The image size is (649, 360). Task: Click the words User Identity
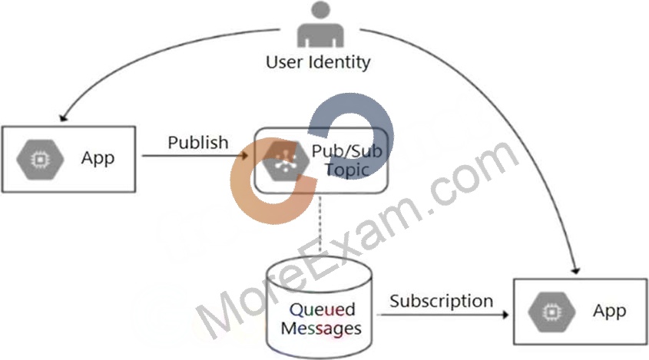pos(318,62)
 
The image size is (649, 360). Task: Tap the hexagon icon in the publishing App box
pos(40,160)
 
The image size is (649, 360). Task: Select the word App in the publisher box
pos(98,158)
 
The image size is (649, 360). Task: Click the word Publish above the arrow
pos(198,143)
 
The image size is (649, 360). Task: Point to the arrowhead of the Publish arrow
pos(245,156)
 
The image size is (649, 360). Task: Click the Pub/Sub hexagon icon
pos(286,160)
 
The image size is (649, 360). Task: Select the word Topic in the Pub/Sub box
pos(347,170)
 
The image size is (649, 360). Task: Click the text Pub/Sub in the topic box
pos(347,151)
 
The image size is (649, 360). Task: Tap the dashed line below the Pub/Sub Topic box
pos(320,224)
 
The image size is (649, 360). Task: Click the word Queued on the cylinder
pos(322,310)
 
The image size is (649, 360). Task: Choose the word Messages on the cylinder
pos(321,329)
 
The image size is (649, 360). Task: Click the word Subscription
pos(441,301)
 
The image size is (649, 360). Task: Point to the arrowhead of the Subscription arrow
pos(505,315)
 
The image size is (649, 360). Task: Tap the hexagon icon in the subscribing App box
pos(552,312)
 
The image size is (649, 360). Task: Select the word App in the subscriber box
pos(609,311)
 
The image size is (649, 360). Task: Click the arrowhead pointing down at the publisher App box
pos(63,117)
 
